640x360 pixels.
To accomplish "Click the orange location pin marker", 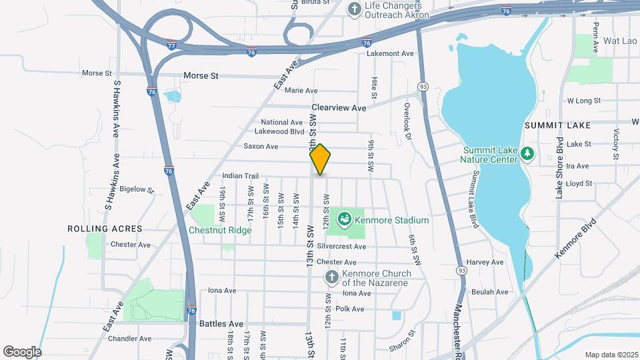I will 320,159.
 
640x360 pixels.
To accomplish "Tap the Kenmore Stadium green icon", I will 345,219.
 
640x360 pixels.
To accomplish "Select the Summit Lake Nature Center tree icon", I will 527,154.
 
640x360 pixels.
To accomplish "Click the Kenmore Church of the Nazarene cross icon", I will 331,277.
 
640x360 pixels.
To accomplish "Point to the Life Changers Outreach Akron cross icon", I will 354,10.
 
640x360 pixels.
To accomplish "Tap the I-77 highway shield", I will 171,45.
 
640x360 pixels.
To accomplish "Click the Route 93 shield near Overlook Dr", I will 423,87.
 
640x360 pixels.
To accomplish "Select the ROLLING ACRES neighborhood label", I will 105,229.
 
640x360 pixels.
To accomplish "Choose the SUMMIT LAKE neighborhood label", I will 557,125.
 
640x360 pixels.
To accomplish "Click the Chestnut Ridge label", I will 219,231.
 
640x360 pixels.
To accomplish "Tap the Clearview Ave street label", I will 339,108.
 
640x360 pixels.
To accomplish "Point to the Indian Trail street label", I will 240,176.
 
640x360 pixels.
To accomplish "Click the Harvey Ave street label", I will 485,263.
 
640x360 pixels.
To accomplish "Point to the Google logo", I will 22,351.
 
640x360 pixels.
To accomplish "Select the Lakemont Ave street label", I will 395,53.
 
